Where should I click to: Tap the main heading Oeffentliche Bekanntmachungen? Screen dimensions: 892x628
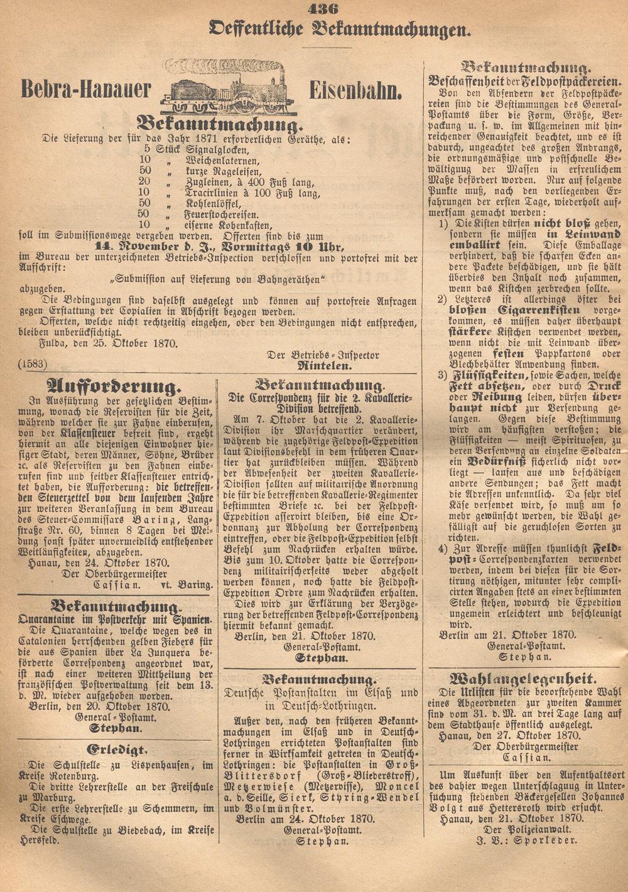(341, 28)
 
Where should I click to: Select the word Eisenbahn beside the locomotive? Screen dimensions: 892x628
(355, 92)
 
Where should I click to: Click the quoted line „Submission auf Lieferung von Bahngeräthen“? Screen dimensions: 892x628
(217, 278)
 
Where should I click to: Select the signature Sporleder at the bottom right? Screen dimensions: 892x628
(547, 840)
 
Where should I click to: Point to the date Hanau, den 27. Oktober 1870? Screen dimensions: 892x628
(509, 734)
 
